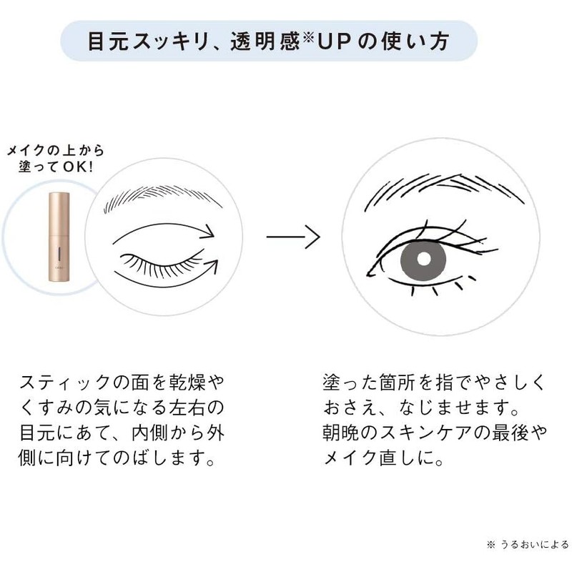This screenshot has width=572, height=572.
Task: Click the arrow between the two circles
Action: point(292,237)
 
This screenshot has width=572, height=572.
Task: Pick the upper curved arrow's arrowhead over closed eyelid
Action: point(209,231)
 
